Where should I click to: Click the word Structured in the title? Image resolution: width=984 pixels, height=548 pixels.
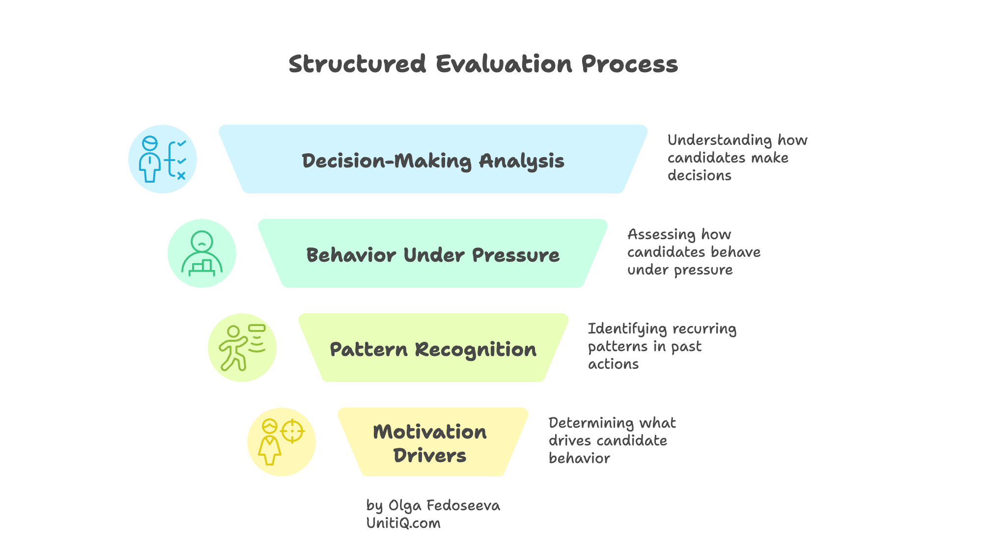tap(357, 64)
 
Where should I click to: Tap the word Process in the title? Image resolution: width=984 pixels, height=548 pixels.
tap(629, 64)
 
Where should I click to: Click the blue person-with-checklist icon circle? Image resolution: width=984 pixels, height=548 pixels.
tap(163, 159)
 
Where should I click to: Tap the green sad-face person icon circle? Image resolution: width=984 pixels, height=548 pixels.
tap(202, 253)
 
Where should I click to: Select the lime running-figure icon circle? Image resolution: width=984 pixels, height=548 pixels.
tap(242, 348)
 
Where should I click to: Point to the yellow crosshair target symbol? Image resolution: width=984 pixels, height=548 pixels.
tap(292, 431)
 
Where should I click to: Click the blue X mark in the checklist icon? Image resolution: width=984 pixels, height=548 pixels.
tap(181, 175)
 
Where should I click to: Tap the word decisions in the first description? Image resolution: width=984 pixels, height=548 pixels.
tap(699, 176)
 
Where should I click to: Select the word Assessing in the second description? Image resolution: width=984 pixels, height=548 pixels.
tap(661, 235)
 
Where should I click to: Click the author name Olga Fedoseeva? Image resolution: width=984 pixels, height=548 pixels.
tap(444, 506)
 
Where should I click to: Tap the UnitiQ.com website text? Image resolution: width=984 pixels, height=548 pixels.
tap(403, 523)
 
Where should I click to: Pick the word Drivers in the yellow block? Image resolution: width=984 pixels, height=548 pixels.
tap(429, 456)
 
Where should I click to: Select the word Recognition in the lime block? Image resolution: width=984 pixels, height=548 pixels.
tap(476, 350)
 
